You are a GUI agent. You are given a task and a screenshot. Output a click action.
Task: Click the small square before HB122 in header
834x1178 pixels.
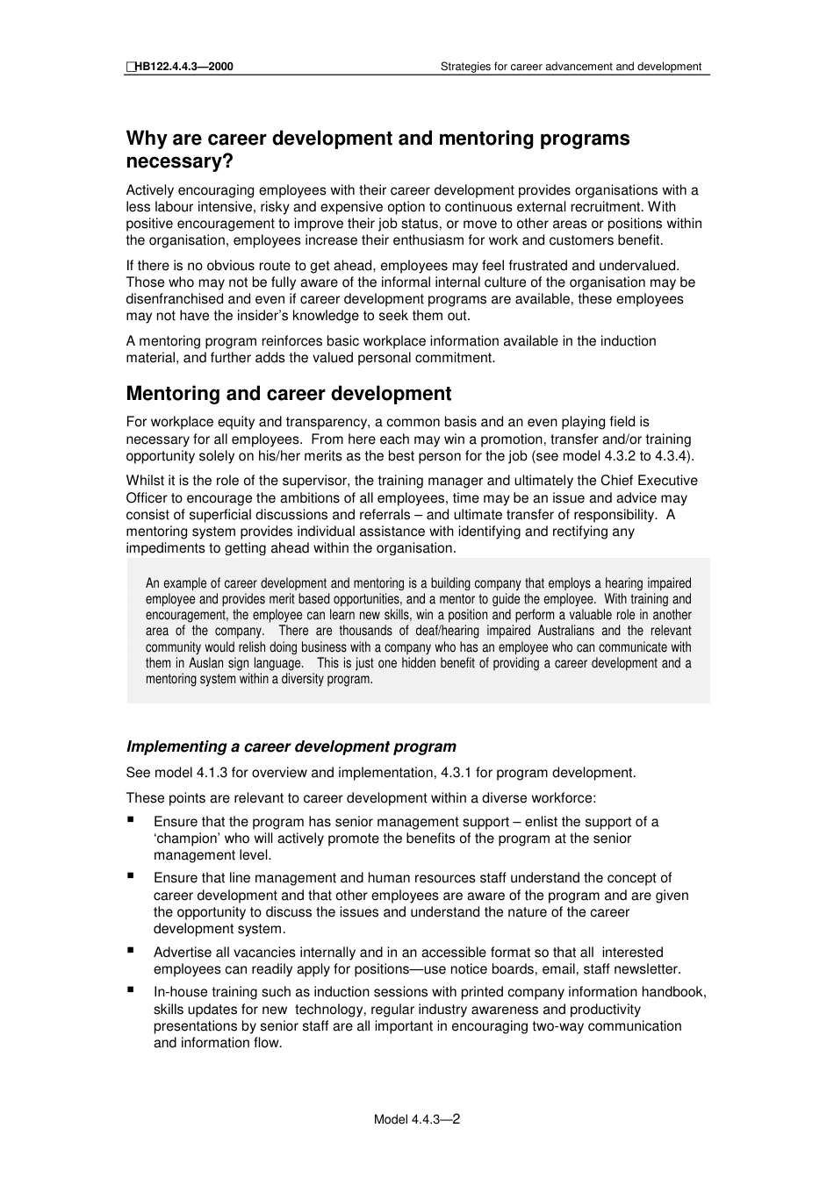[x=130, y=66]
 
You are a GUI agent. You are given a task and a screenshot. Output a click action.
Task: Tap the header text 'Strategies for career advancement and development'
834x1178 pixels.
[x=571, y=66]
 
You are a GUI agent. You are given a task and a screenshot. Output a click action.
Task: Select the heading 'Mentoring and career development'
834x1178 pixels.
[x=289, y=394]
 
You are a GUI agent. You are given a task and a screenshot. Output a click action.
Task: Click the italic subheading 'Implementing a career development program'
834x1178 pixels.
[x=291, y=746]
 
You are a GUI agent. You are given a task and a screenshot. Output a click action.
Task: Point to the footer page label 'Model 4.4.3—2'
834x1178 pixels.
[x=417, y=1119]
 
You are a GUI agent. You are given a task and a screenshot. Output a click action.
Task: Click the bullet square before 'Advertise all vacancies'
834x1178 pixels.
[x=131, y=950]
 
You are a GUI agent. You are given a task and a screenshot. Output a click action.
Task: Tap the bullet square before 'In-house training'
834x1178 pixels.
[x=131, y=989]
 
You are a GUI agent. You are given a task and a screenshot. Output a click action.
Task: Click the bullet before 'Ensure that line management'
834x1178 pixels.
[x=131, y=875]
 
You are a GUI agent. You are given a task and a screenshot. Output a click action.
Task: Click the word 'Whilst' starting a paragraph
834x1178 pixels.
[x=145, y=481]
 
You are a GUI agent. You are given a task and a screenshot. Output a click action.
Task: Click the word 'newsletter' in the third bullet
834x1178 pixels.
[x=648, y=969]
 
